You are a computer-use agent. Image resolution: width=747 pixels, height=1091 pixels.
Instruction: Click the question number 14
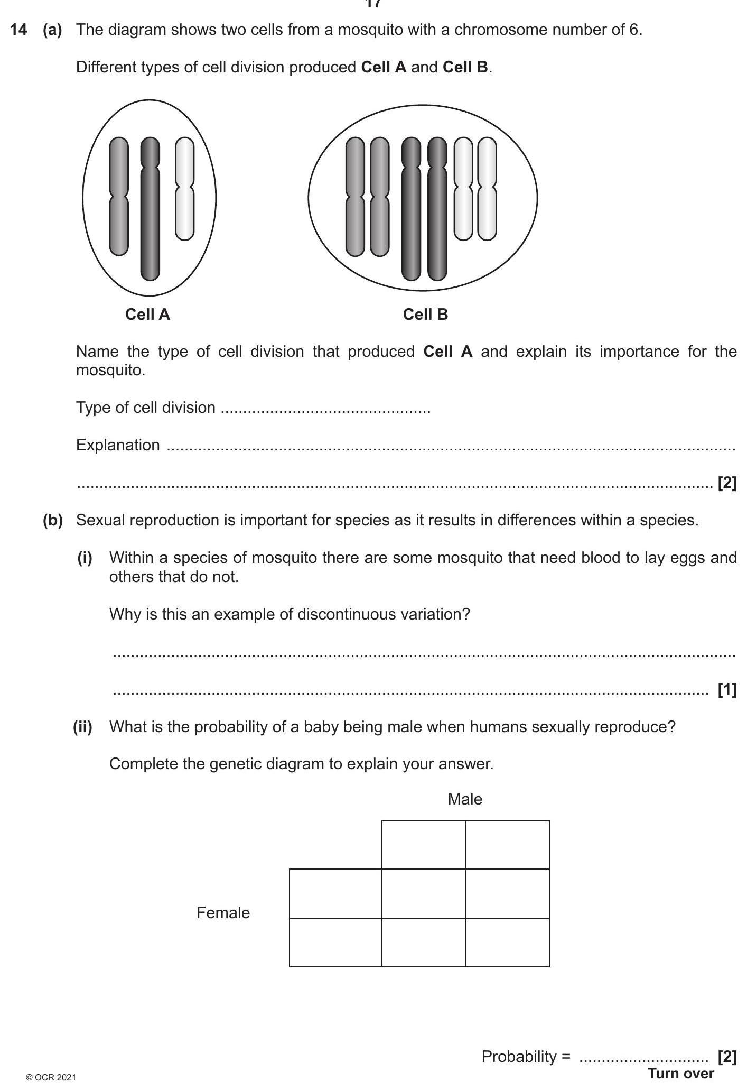(x=18, y=30)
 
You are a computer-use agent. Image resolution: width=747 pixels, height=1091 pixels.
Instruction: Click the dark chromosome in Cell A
(x=150, y=211)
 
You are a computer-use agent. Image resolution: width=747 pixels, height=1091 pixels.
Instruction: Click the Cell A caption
(x=147, y=315)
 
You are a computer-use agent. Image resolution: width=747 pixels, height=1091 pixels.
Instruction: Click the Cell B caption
(x=425, y=315)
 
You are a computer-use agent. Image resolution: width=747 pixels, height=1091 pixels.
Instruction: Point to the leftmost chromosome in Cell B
(x=355, y=197)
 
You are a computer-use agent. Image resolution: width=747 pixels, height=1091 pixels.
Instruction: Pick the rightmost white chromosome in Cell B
(x=487, y=189)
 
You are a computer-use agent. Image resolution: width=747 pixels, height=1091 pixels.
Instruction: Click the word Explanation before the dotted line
(x=118, y=445)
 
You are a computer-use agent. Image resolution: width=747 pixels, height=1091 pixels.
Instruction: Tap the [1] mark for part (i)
(x=727, y=689)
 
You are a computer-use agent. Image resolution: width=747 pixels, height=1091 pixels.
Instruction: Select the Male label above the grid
(x=465, y=799)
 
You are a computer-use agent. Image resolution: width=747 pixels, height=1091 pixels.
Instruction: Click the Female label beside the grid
(x=223, y=913)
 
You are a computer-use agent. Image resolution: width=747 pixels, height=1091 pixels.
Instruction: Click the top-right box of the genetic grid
(x=507, y=845)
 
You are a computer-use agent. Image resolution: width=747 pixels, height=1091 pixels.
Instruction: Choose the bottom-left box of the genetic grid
(x=335, y=942)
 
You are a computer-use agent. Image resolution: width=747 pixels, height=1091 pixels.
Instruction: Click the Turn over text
(x=681, y=1074)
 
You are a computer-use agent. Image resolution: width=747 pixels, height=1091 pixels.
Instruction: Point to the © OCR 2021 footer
(x=51, y=1077)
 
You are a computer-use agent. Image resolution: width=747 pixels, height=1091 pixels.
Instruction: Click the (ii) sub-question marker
(x=82, y=727)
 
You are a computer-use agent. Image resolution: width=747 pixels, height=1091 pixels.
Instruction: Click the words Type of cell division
(x=146, y=408)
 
